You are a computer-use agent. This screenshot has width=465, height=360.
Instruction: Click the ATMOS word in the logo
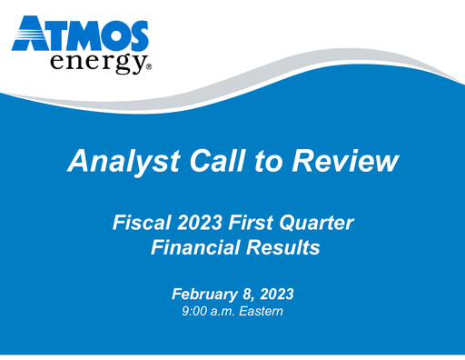pyautogui.click(x=81, y=34)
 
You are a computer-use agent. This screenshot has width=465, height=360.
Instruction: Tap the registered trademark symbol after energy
pyautogui.click(x=147, y=67)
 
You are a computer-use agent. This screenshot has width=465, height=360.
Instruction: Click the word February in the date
pyautogui.click(x=204, y=294)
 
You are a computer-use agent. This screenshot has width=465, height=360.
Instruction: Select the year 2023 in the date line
pyautogui.click(x=276, y=294)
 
